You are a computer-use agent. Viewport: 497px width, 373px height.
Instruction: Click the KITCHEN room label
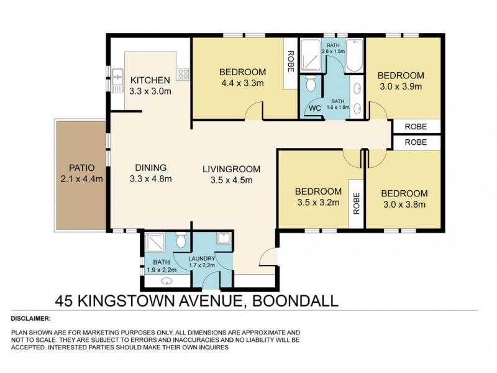click(x=149, y=80)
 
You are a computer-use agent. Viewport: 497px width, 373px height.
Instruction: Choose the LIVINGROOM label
click(x=230, y=169)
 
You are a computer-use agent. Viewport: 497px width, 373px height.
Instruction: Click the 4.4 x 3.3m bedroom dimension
click(x=243, y=83)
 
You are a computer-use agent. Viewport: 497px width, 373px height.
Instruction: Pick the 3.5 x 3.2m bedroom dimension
click(x=318, y=203)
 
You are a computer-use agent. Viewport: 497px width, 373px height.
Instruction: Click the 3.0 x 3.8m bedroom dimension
click(x=404, y=205)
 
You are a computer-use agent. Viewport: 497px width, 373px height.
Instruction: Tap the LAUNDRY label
click(x=203, y=259)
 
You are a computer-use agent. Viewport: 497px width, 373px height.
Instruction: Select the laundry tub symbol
click(x=222, y=239)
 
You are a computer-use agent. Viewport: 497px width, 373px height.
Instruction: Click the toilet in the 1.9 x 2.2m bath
click(x=180, y=239)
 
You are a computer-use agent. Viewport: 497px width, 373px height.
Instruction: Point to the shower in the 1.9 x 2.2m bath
click(x=154, y=242)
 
